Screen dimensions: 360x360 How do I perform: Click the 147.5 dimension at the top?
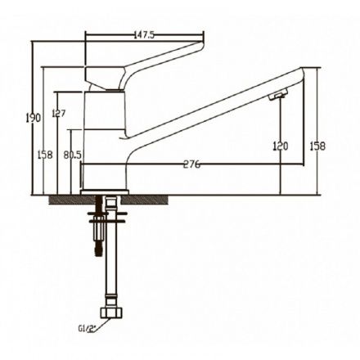click(144, 35)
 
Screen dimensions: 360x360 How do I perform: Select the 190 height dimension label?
click(34, 118)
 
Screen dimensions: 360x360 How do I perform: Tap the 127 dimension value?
click(59, 113)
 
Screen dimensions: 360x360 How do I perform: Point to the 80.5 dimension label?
click(73, 155)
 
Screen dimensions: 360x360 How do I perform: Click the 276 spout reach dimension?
click(191, 164)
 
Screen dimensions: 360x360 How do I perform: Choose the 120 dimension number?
click(281, 146)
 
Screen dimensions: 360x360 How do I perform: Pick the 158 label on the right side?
click(317, 146)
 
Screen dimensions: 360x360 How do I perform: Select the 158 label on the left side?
click(45, 155)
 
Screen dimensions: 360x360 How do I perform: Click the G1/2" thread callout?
click(88, 329)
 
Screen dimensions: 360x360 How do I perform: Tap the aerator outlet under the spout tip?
click(278, 95)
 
